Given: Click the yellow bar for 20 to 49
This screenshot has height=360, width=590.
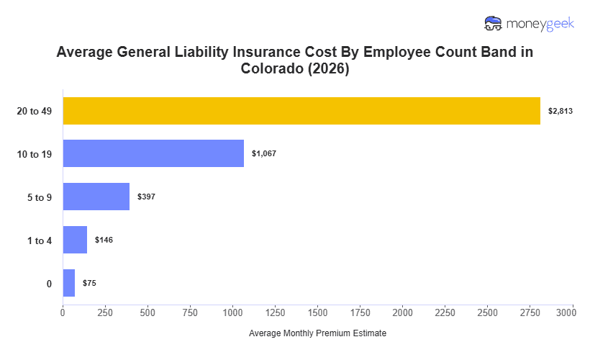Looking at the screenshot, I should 301,111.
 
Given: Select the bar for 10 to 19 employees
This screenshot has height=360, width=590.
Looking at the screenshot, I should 153,153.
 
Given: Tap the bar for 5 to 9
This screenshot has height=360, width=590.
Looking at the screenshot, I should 96,197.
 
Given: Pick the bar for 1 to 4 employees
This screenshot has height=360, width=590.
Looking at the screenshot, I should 75,240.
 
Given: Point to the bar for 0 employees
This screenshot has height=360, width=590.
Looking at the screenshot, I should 69,283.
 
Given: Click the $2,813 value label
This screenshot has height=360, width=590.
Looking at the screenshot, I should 560,111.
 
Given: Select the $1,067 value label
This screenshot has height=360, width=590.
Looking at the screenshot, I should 264,153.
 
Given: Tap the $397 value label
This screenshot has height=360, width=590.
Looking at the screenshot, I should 146,197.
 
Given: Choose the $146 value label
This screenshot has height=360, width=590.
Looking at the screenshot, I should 104,240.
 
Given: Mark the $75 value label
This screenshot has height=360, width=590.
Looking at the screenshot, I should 89,283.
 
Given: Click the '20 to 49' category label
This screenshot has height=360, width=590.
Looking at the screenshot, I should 35,111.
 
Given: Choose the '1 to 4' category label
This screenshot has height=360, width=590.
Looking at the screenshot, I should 39,240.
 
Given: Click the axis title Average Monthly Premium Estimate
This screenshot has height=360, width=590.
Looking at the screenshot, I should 317,333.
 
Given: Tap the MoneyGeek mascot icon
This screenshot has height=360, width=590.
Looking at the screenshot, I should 494,23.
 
